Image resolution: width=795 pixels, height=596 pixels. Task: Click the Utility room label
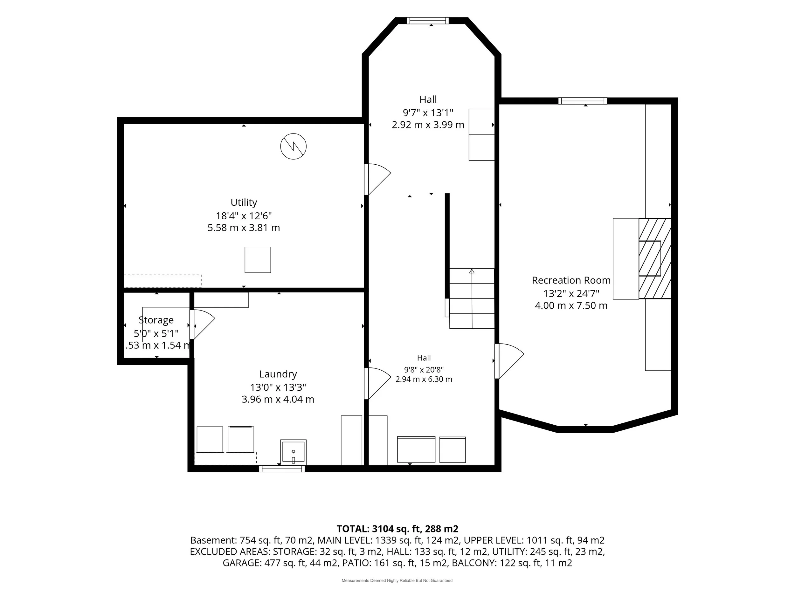pos(244,202)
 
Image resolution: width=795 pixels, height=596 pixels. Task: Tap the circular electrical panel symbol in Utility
pos(293,146)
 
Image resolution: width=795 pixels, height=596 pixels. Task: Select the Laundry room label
pos(278,374)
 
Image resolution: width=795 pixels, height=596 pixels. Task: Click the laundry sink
pos(293,452)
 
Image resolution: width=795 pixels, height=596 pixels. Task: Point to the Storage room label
pos(156,320)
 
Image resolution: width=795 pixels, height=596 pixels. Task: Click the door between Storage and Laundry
pos(202,325)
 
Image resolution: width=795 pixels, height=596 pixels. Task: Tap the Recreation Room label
pos(571,280)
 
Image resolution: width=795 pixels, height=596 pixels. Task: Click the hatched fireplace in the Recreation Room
pos(655,258)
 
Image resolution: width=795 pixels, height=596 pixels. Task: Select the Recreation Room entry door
pos(509,361)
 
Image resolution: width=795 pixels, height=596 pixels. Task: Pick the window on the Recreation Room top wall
pos(583,101)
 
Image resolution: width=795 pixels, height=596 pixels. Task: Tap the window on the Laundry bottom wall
pos(282,469)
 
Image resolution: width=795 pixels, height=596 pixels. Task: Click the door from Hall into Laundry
pos(377,383)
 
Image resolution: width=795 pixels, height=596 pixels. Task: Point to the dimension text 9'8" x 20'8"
pos(424,369)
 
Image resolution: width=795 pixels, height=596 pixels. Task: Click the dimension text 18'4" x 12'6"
pos(244,216)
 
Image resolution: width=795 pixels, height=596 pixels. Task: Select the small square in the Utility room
pos(258,260)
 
